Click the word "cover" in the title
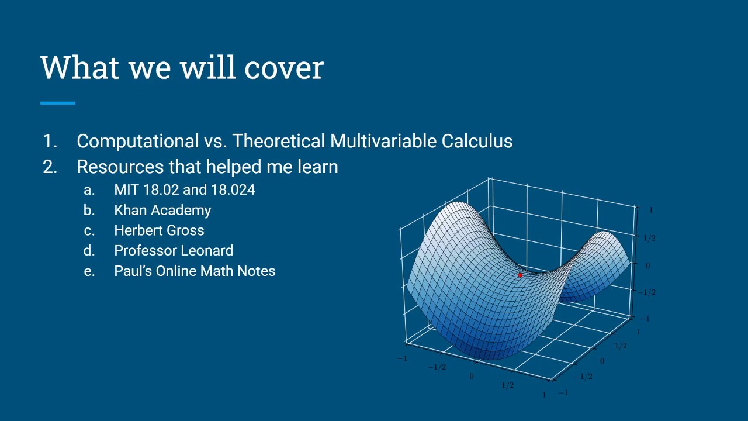(284, 68)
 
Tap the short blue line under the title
(57, 103)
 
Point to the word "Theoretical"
(279, 142)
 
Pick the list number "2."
(50, 167)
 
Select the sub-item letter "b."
(89, 210)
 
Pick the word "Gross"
(185, 230)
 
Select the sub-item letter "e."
(89, 271)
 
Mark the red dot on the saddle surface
(520, 275)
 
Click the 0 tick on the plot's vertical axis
(647, 265)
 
